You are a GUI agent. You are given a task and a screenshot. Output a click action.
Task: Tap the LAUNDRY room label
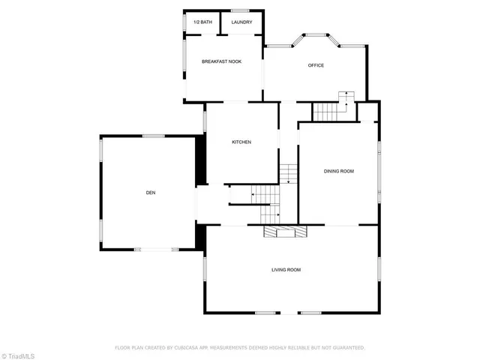pyautogui.click(x=241, y=22)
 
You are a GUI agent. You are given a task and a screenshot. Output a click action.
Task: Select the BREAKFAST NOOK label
pyautogui.click(x=221, y=61)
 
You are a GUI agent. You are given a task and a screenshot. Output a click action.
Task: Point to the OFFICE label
pyautogui.click(x=316, y=65)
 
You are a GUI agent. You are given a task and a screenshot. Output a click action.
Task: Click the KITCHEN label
pyautogui.click(x=241, y=142)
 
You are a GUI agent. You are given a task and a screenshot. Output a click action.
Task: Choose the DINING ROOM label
pyautogui.click(x=338, y=171)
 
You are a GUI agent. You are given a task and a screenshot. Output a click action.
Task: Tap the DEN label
pyautogui.click(x=151, y=193)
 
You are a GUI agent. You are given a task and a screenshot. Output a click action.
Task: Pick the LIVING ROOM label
pyautogui.click(x=286, y=269)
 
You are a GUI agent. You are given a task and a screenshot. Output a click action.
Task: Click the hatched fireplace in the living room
pyautogui.click(x=285, y=232)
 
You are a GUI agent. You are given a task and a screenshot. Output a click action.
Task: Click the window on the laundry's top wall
pyautogui.click(x=240, y=10)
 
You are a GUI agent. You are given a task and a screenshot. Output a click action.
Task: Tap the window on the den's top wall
pyautogui.click(x=154, y=136)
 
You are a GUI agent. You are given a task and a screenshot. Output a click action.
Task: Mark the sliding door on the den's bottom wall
pyautogui.click(x=157, y=249)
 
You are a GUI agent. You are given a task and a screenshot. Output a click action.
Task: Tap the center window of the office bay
pyautogui.click(x=315, y=34)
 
